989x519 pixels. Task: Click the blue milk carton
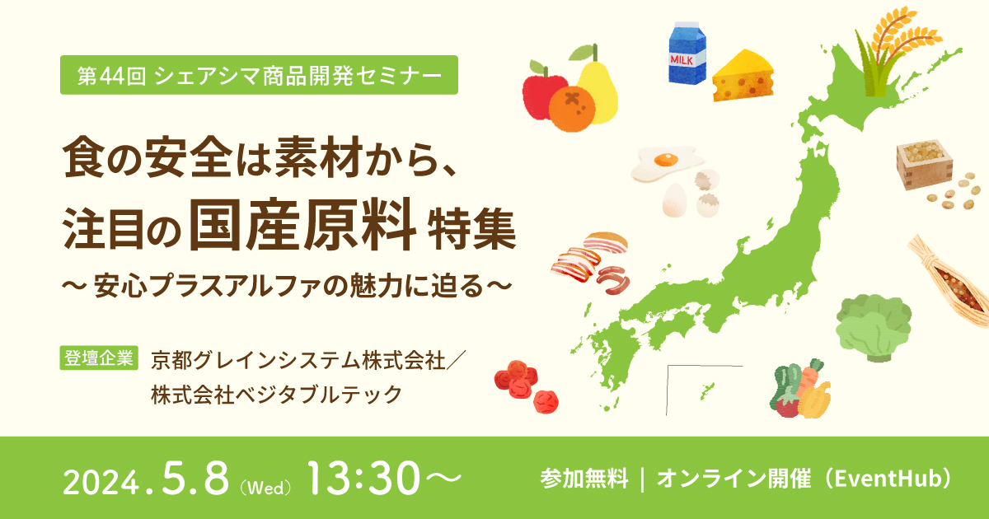pyautogui.click(x=687, y=53)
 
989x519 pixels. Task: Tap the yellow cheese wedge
pyautogui.click(x=743, y=76)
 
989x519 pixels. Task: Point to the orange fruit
pyautogui.click(x=572, y=109)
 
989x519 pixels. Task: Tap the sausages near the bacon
pyautogui.click(x=614, y=280)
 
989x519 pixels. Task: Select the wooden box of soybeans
pyautogui.click(x=924, y=164)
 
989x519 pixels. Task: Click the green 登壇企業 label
pyautogui.click(x=99, y=358)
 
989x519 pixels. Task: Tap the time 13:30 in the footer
pyautogui.click(x=363, y=479)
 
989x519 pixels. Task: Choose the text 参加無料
pyautogui.click(x=584, y=479)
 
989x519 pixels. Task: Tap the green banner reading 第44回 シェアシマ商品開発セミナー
pyautogui.click(x=259, y=75)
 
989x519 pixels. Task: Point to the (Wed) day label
pyautogui.click(x=265, y=488)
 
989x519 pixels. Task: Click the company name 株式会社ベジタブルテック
pyautogui.click(x=276, y=395)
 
